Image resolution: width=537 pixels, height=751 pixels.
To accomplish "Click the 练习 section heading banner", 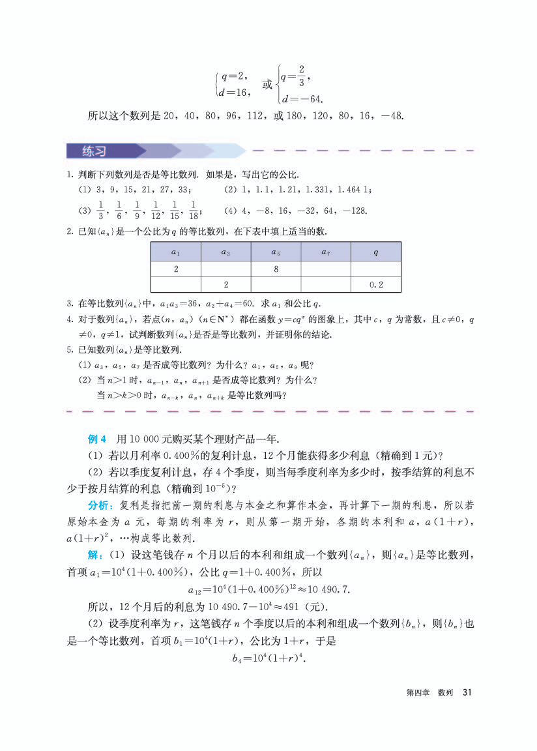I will click(95, 151).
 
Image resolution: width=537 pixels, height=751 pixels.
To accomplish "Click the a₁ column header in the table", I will click(175, 252).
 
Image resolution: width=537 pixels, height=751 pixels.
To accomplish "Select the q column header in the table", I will click(375, 252).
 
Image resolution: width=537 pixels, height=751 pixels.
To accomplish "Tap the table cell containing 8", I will click(276, 269).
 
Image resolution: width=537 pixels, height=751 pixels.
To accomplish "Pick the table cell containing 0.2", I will click(375, 285).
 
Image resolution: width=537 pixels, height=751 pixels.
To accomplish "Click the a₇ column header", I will click(326, 252).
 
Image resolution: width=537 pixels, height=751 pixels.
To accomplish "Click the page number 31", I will click(466, 692).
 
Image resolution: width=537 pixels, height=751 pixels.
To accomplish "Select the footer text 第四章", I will click(416, 692).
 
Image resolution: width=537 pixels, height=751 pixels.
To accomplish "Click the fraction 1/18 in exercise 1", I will click(192, 211).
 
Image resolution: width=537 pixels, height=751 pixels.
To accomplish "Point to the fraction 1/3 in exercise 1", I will click(100, 211).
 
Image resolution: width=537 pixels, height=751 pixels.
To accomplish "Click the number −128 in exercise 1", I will click(356, 211).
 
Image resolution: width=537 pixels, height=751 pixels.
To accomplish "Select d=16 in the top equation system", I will click(234, 93).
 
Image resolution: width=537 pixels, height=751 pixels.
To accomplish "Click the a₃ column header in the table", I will click(225, 252).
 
